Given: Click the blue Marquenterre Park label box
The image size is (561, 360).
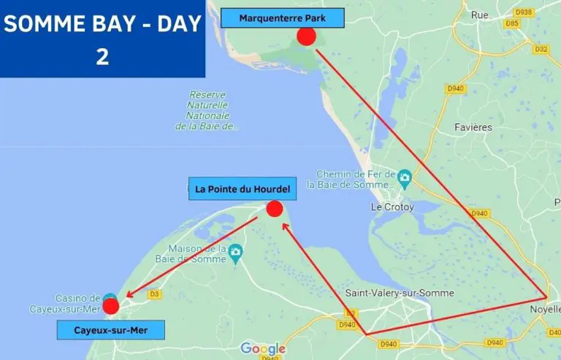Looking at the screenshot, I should click(282, 18).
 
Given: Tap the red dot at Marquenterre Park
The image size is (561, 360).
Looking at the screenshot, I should click(306, 37).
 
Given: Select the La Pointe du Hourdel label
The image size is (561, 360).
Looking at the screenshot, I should click(243, 190).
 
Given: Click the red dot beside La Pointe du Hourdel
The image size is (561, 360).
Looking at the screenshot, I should click(274, 209).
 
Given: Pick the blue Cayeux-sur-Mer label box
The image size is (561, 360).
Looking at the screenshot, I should click(111, 331).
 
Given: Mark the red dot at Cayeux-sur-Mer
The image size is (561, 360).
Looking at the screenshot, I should click(111, 306).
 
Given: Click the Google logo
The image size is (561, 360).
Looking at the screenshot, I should click(262, 348).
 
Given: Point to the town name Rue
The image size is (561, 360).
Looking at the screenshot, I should click(479, 15).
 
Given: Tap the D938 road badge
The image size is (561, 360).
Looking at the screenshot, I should click(523, 12).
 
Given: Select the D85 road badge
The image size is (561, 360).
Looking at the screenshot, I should click(512, 23).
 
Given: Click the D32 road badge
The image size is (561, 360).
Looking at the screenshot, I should click(541, 49).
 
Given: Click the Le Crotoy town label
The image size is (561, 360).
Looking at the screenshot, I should click(392, 207).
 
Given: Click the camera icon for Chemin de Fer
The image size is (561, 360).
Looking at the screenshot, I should click(404, 177).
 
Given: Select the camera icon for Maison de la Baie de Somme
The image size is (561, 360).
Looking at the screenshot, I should click(234, 253).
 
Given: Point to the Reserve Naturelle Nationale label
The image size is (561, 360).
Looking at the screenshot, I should click(209, 110).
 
